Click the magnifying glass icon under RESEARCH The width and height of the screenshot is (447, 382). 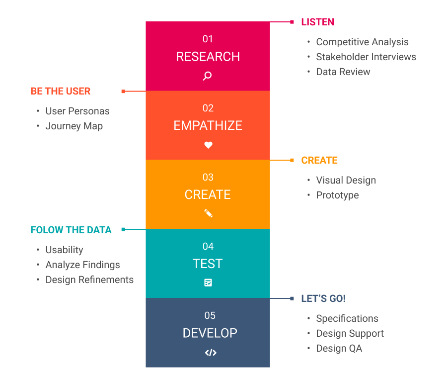pyautogui.click(x=208, y=76)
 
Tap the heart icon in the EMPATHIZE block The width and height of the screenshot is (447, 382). pyautogui.click(x=208, y=145)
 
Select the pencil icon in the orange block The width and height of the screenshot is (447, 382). pyautogui.click(x=208, y=213)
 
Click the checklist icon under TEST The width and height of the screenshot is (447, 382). pyautogui.click(x=208, y=283)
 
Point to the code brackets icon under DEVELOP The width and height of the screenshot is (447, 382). pyautogui.click(x=211, y=353)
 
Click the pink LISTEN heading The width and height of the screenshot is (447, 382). pyautogui.click(x=317, y=22)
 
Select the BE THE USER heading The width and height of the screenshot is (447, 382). pyautogui.click(x=61, y=91)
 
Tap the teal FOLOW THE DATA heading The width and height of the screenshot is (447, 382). pyautogui.click(x=71, y=230)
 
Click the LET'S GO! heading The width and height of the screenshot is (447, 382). pyautogui.click(x=323, y=298)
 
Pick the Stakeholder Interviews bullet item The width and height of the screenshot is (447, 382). pyautogui.click(x=366, y=57)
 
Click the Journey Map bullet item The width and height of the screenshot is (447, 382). pyautogui.click(x=74, y=126)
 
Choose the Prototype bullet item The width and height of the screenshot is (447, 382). pyautogui.click(x=337, y=195)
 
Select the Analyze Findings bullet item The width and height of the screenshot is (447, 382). pyautogui.click(x=82, y=265)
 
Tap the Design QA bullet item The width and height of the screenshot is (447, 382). pyautogui.click(x=339, y=348)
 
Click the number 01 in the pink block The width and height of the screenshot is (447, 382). pyautogui.click(x=208, y=39)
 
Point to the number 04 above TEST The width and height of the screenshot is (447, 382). pyautogui.click(x=208, y=246)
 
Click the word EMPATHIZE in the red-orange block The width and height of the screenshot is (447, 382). pyautogui.click(x=208, y=126)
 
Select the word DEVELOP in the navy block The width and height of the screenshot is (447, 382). pyautogui.click(x=210, y=333)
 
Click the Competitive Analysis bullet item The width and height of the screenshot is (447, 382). pyautogui.click(x=362, y=42)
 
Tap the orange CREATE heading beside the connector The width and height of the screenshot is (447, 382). pyautogui.click(x=319, y=160)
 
